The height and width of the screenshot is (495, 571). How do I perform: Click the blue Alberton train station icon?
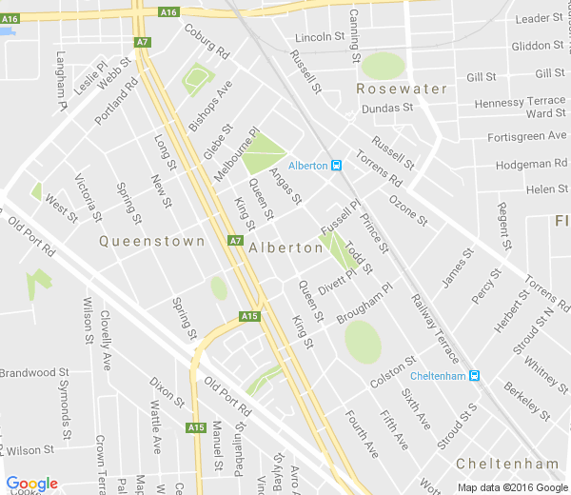[x=337, y=165]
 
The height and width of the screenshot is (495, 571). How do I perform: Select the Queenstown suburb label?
[x=152, y=242]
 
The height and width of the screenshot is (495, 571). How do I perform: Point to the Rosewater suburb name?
[x=402, y=89]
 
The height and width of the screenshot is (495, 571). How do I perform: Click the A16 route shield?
[x=168, y=11]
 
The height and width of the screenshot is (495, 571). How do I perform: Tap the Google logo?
[x=31, y=484]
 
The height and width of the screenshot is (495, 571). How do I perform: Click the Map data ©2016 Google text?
[x=511, y=487]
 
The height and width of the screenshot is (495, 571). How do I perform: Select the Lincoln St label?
[x=319, y=37]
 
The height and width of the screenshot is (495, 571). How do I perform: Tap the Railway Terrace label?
[x=435, y=329]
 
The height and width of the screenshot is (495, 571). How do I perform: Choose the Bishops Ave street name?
[x=209, y=106]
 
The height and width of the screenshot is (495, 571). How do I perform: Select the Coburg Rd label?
[x=207, y=40]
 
